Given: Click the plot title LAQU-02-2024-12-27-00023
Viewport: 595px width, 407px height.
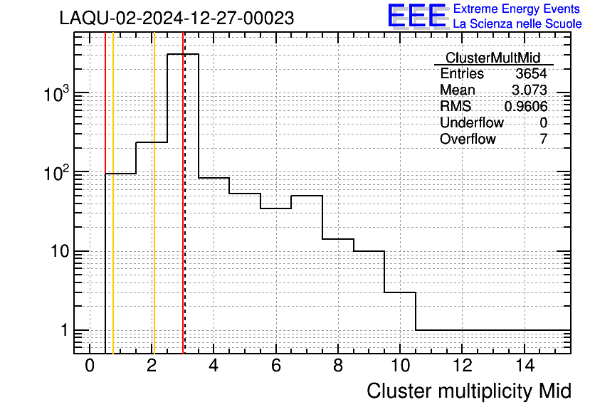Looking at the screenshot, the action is coord(177,18).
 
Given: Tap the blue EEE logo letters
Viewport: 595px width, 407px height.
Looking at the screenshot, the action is coord(417,16).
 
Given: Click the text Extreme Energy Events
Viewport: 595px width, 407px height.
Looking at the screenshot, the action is coord(517,9).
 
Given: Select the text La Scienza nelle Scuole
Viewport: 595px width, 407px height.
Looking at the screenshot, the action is coord(517,23).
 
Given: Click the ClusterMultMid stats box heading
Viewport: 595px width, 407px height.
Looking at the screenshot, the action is coord(493,58).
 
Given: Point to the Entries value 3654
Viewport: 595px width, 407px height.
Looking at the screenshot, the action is coord(531,73).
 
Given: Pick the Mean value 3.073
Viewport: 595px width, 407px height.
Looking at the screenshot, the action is coord(530,90).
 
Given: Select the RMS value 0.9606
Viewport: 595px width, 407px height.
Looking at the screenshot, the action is coord(525,106).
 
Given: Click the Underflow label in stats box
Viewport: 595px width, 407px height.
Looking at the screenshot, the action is coord(472,122).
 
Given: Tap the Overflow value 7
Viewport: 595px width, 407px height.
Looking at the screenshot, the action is coord(543,139).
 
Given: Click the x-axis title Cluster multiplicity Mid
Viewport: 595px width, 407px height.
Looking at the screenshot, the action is coord(468,391).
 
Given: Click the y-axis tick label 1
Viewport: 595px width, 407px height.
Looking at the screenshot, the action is coord(65,330).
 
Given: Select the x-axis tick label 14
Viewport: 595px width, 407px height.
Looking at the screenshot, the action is coord(525,366).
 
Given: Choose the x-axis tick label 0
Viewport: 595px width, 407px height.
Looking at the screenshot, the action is coord(90,366).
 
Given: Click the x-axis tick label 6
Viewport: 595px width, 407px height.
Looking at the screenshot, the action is coord(276,366).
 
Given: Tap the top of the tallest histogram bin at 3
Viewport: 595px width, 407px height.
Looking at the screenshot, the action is coord(183,54).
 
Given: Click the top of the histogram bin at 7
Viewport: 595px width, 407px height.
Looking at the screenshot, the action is coord(307,196).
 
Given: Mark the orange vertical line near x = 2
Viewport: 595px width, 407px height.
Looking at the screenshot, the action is coord(154,193).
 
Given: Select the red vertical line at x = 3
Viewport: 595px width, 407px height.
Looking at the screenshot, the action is coord(183,193).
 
